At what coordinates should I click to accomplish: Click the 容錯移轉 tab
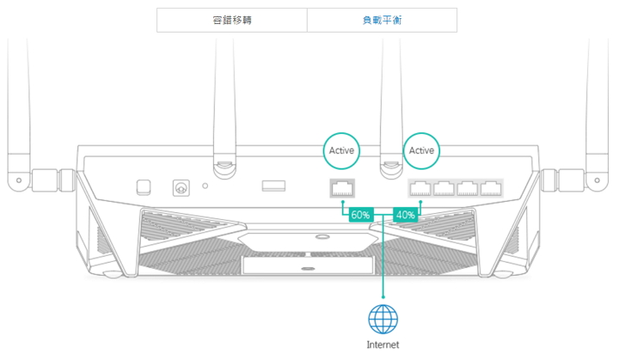[232, 20]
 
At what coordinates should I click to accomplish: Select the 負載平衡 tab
[382, 20]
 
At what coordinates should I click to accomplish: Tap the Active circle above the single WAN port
[341, 150]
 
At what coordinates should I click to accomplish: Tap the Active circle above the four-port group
[421, 150]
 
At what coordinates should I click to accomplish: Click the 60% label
[360, 215]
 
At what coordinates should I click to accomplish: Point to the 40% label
[405, 215]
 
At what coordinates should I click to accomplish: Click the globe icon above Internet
[383, 319]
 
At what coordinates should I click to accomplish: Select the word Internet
[383, 345]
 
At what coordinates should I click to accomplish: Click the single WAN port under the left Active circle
[341, 187]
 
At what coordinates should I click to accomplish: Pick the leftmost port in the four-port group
[420, 187]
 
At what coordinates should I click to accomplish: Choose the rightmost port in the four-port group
[490, 187]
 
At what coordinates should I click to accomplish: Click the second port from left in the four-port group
[444, 187]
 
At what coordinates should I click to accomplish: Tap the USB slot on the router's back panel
[273, 185]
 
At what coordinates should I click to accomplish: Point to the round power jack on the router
[181, 186]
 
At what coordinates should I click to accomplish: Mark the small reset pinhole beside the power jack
[205, 185]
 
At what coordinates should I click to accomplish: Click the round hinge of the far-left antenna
[15, 182]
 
